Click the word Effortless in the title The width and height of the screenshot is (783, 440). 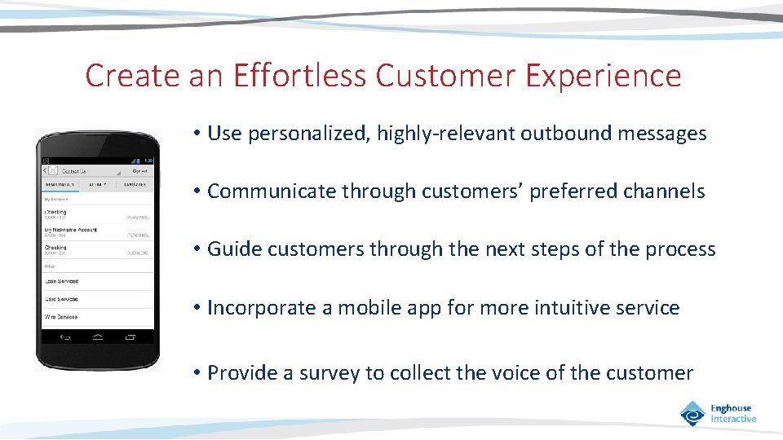[299, 76]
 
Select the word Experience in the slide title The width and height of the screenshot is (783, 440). [603, 76]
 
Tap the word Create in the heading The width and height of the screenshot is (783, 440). [132, 76]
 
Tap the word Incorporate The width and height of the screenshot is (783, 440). [260, 308]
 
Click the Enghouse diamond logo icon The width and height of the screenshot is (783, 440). [692, 413]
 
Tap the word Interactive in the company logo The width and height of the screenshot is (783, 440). [733, 419]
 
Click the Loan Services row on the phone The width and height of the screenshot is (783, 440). [62, 281]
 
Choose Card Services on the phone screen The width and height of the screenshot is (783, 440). [62, 299]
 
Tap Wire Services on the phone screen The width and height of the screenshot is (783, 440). [62, 316]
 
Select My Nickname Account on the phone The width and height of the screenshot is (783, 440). [71, 230]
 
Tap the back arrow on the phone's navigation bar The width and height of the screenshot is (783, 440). [61, 337]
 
